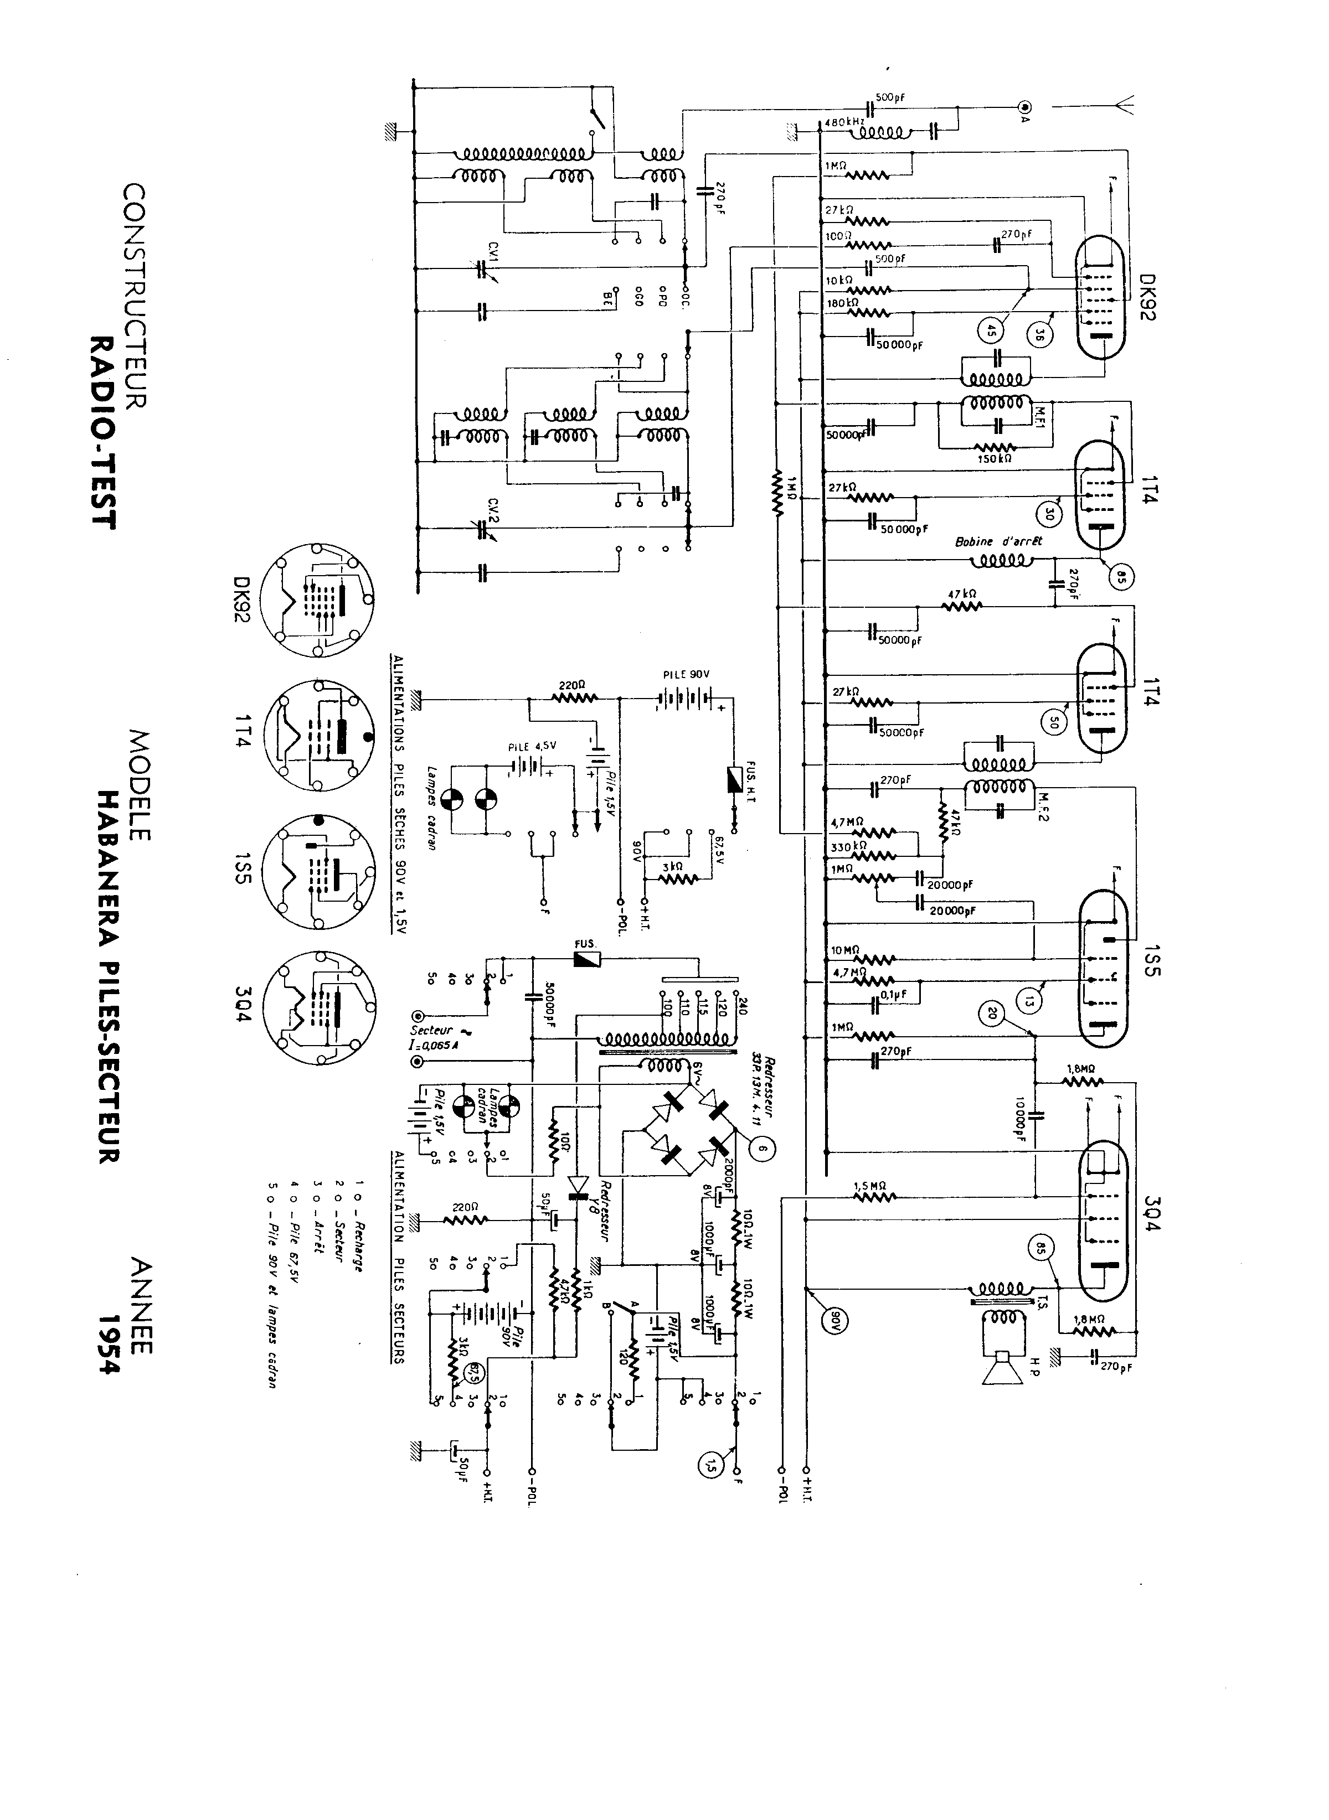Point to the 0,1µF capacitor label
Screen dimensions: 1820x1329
[x=894, y=994]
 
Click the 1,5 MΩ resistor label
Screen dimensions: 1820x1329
[x=869, y=1185]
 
